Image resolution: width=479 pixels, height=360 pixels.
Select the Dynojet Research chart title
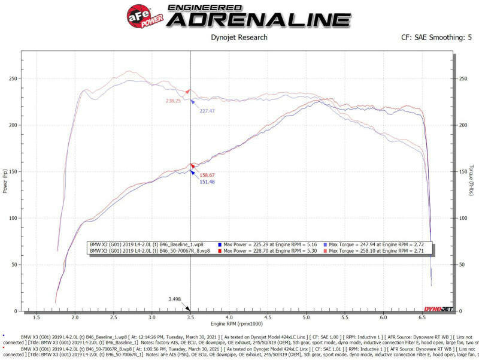[x=239, y=38]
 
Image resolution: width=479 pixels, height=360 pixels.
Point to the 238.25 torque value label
[x=174, y=101]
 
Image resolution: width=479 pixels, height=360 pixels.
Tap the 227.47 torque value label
[x=207, y=111]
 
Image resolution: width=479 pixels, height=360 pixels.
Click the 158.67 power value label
[x=207, y=175]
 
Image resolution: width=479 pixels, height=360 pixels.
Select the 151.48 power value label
[x=207, y=182]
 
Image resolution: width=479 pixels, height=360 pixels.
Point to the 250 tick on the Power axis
[x=13, y=78]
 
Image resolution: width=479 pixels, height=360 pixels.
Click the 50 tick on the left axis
[x=14, y=265]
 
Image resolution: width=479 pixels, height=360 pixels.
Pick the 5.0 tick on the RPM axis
[x=306, y=319]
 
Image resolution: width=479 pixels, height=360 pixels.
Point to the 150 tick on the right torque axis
[x=462, y=171]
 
